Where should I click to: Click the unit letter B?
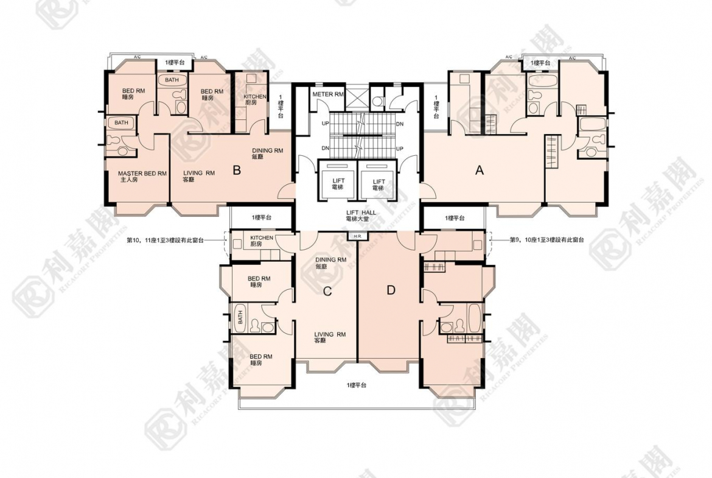[x=237, y=170]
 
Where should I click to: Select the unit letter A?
[x=480, y=171]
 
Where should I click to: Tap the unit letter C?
[x=327, y=291]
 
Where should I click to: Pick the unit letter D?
[x=391, y=290]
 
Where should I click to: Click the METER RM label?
[x=328, y=94]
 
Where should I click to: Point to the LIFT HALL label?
[x=359, y=214]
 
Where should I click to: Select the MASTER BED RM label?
[x=142, y=177]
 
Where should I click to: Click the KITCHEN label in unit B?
[x=255, y=100]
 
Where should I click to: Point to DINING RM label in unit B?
[x=268, y=153]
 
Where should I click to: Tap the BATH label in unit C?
[x=240, y=318]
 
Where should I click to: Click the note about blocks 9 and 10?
[x=546, y=241]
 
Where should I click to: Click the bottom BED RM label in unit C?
[x=260, y=359]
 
